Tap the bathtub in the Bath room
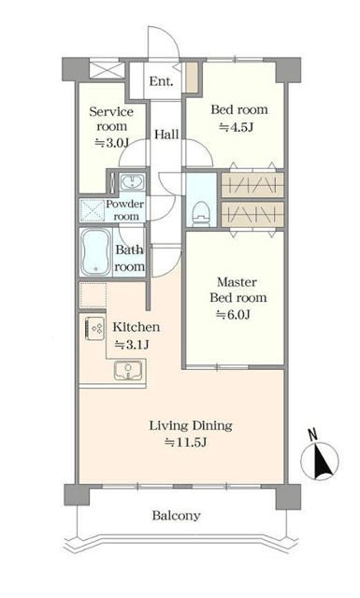pos(95,251)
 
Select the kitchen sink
pos(129,370)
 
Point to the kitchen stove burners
pos(94,328)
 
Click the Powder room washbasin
pos(132,181)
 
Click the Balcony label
pos(176,516)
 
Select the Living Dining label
pos(191,426)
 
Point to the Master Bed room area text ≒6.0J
pos(233,315)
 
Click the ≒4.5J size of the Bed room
pos(237,127)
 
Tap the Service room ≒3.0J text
pos(111,143)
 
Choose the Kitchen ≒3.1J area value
pos(132,345)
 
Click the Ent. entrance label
pos(161,81)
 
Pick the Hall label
pos(166,135)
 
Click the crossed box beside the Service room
pos(107,71)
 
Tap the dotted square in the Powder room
pos(92,210)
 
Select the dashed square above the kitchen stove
pos(93,295)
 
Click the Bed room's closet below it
pos(252,185)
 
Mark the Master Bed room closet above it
pos(252,215)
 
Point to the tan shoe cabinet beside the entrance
pos(192,78)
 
